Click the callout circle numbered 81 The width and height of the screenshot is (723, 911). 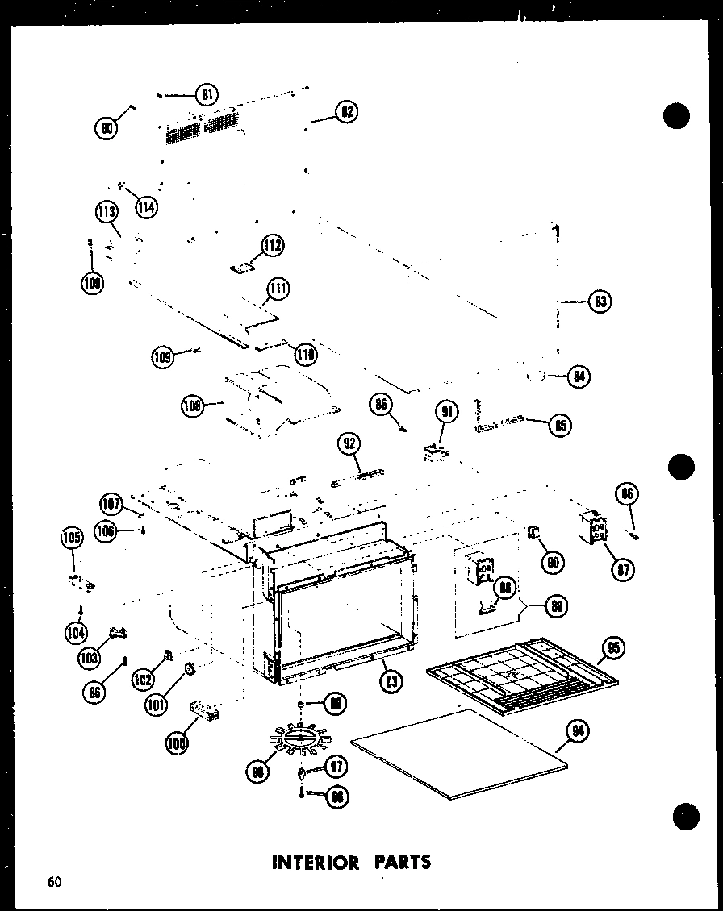tap(208, 94)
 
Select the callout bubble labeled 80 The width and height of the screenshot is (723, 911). tap(106, 127)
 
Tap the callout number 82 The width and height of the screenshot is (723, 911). tap(347, 113)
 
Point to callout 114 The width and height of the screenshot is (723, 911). tap(146, 206)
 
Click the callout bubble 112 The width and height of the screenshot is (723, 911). tap(273, 246)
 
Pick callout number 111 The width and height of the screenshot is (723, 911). tap(279, 289)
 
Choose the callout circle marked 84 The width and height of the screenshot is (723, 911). tap(578, 376)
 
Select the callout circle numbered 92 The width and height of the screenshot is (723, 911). tap(350, 443)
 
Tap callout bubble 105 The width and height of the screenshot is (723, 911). tap(72, 536)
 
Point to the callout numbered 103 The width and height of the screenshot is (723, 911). tap(90, 657)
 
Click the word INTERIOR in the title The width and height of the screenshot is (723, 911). tap(315, 862)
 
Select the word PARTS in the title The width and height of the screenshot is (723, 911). tap(401, 862)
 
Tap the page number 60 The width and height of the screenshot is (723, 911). tap(53, 881)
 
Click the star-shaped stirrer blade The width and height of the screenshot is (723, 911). tap(299, 738)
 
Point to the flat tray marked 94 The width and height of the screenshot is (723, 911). tap(460, 754)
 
